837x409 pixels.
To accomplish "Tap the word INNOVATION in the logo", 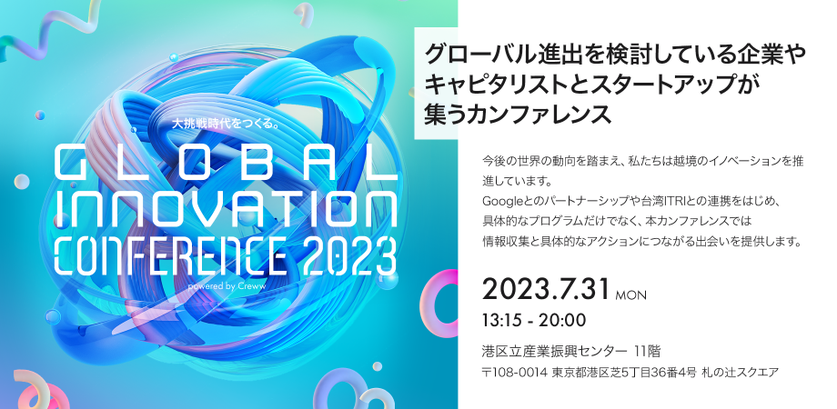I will [225, 210].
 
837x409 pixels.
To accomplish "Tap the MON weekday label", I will [630, 295].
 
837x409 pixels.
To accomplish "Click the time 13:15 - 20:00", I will [534, 320].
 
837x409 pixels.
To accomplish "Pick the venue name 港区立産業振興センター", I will [554, 351].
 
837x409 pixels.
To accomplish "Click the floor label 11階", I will [647, 351].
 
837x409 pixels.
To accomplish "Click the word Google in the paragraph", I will [504, 197].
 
